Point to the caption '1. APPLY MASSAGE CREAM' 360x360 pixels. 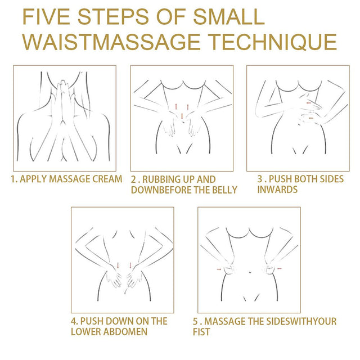tap(67, 179)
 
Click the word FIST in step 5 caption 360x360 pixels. tap(204, 331)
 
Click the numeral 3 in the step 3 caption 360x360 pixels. tap(260, 179)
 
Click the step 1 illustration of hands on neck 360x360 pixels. tap(65, 118)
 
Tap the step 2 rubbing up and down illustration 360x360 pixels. tap(182, 118)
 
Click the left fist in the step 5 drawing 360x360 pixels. tap(228, 271)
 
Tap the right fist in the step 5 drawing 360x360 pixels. tap(271, 271)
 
